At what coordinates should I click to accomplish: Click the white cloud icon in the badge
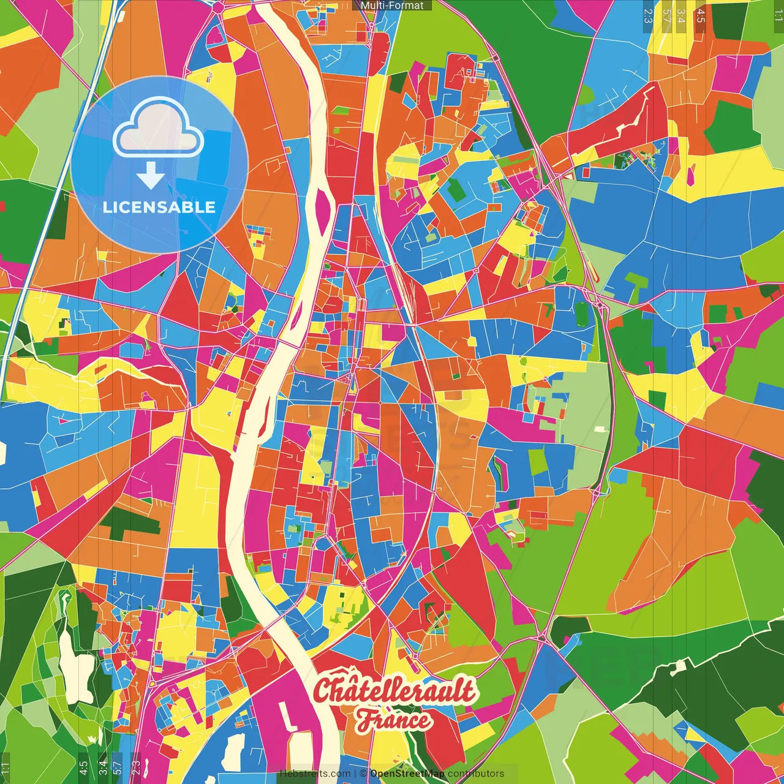158,129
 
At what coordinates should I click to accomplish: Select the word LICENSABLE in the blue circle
159,207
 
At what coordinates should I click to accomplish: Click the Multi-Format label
392,6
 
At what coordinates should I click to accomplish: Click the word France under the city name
394,720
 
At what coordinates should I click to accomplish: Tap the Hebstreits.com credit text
315,774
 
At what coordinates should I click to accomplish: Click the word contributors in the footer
476,774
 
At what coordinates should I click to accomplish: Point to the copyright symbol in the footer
363,774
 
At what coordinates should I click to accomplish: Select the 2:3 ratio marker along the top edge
647,15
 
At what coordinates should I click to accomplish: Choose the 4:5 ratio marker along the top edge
701,15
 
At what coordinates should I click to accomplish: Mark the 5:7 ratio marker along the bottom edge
117,766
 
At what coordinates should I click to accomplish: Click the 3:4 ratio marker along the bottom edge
103,766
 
